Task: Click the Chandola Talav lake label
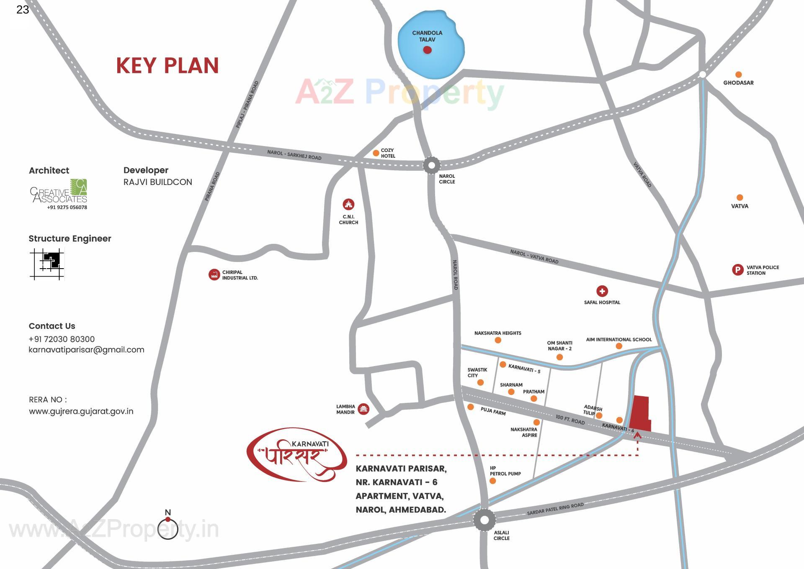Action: point(427,36)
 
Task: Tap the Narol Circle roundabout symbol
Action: point(431,165)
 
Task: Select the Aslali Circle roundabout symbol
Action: point(484,520)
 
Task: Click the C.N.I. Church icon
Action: point(348,204)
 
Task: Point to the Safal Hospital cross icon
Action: point(602,291)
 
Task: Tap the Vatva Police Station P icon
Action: point(737,270)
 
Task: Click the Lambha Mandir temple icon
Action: point(363,409)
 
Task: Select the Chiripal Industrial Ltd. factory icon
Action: point(214,275)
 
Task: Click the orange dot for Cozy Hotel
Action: point(376,153)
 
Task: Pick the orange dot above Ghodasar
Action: point(738,74)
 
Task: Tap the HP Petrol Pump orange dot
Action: point(492,481)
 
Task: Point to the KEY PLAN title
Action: point(167,66)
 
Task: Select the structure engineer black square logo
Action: point(47,264)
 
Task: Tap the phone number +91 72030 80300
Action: point(62,339)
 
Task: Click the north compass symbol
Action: point(168,528)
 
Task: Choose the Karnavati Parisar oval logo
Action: point(296,454)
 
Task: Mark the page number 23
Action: point(23,10)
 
